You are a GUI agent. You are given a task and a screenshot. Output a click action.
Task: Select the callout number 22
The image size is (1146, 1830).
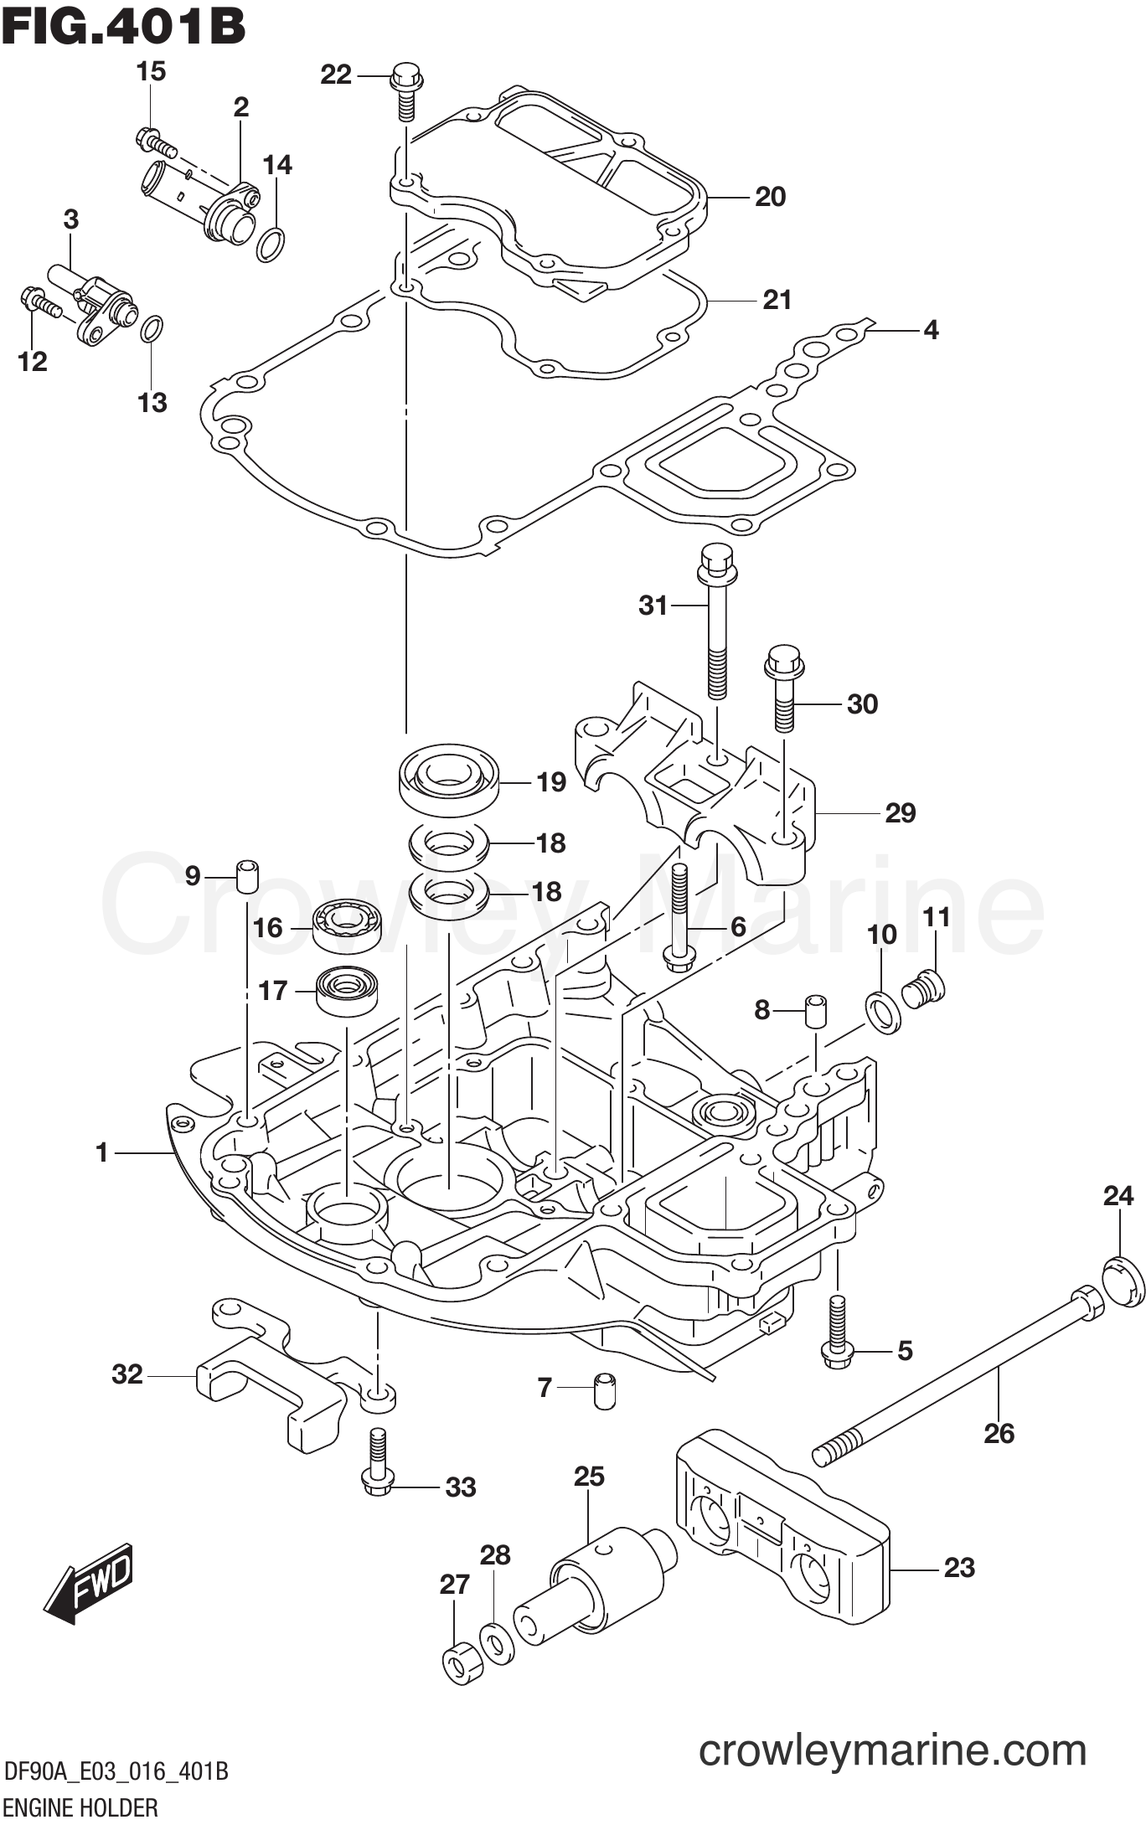[336, 75]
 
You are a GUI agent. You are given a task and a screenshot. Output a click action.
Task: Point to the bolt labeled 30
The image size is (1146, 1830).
[783, 687]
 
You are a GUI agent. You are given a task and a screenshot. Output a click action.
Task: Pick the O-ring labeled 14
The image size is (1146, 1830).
[270, 244]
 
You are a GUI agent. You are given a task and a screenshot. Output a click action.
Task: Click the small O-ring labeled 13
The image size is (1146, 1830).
[152, 329]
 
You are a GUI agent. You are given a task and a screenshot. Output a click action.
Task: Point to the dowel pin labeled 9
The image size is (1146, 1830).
[246, 876]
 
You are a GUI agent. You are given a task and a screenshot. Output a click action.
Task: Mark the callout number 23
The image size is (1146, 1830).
[959, 1568]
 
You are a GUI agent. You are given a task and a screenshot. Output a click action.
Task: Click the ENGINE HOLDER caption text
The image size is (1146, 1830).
[80, 1807]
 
